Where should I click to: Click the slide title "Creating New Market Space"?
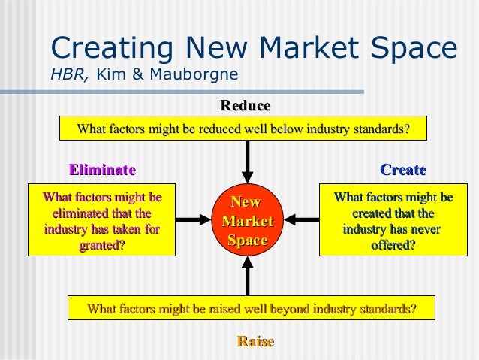pyautogui.click(x=253, y=47)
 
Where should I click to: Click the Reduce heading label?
pyautogui.click(x=245, y=106)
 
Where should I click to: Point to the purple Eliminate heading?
pyautogui.click(x=102, y=170)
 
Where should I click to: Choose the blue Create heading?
pyautogui.click(x=403, y=170)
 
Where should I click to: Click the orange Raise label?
pyautogui.click(x=255, y=342)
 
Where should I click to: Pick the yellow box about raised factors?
pyautogui.click(x=251, y=308)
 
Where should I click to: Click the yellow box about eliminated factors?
pyautogui.click(x=102, y=221)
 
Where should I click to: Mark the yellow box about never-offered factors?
pyautogui.click(x=393, y=221)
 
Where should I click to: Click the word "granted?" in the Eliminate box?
pyautogui.click(x=102, y=244)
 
